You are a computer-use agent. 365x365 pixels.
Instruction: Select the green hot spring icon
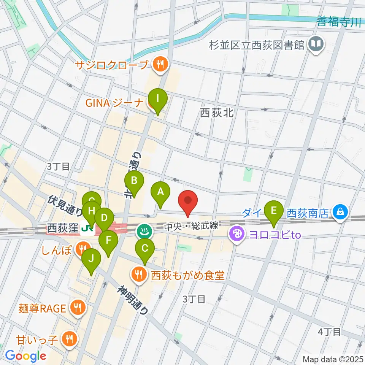click(144, 230)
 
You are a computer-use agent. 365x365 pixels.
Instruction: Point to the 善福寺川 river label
click(339, 22)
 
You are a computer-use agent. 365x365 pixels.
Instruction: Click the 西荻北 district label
click(216, 113)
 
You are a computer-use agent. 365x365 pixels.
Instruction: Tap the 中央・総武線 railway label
click(191, 226)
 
